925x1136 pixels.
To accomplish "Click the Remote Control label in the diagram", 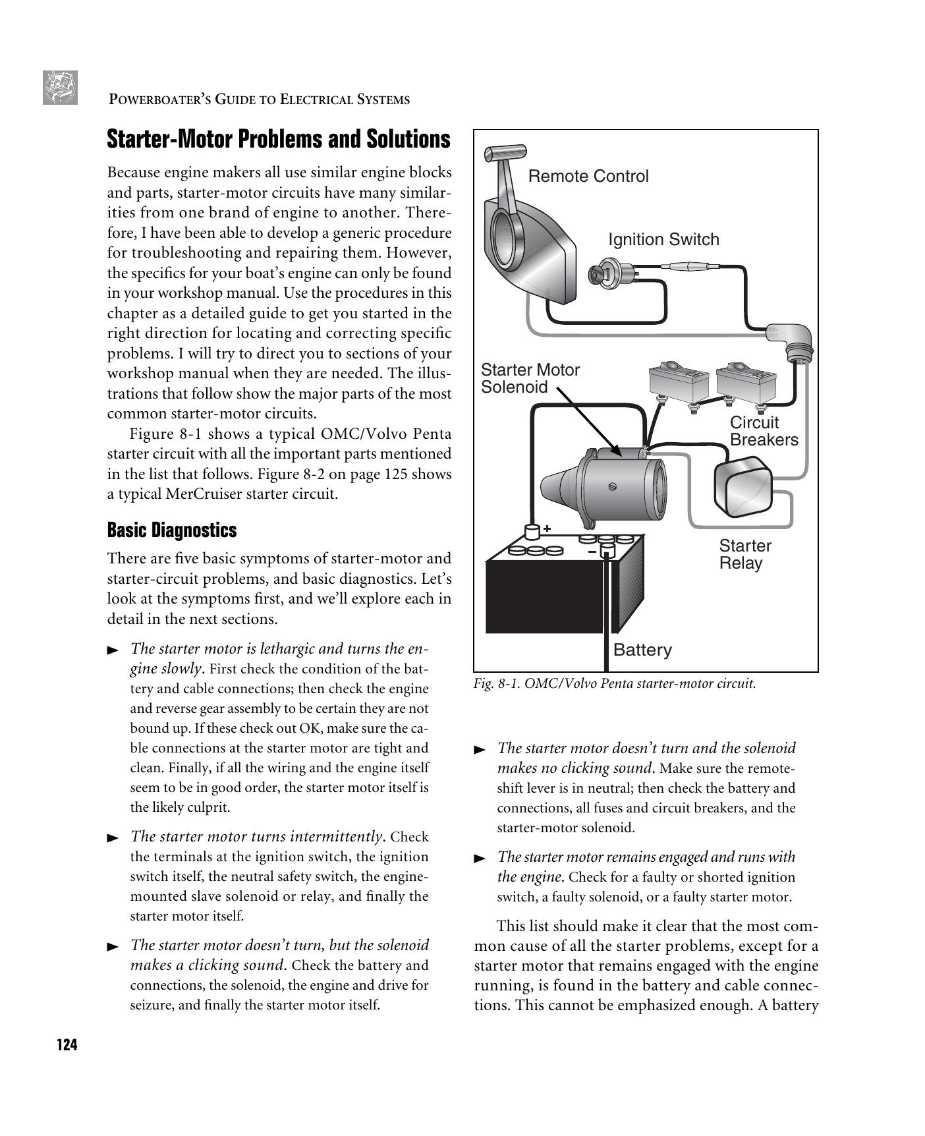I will [x=588, y=177].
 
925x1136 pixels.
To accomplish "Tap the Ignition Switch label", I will [x=663, y=239].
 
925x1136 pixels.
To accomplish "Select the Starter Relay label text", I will [x=744, y=554].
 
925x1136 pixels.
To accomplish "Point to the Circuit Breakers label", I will [x=763, y=432].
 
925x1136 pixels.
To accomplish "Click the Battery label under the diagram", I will [x=642, y=650].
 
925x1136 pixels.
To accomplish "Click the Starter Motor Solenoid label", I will [x=530, y=378].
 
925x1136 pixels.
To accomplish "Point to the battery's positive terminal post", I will [x=532, y=531].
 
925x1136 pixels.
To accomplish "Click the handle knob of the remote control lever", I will [x=505, y=153].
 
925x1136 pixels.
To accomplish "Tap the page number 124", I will [x=67, y=1045].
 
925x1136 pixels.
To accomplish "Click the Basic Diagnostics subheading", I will [x=171, y=530].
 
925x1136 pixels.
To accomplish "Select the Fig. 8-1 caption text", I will [x=614, y=683].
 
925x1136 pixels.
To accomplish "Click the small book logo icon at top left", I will [x=60, y=88].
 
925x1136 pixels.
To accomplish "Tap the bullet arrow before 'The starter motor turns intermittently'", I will [x=113, y=838].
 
